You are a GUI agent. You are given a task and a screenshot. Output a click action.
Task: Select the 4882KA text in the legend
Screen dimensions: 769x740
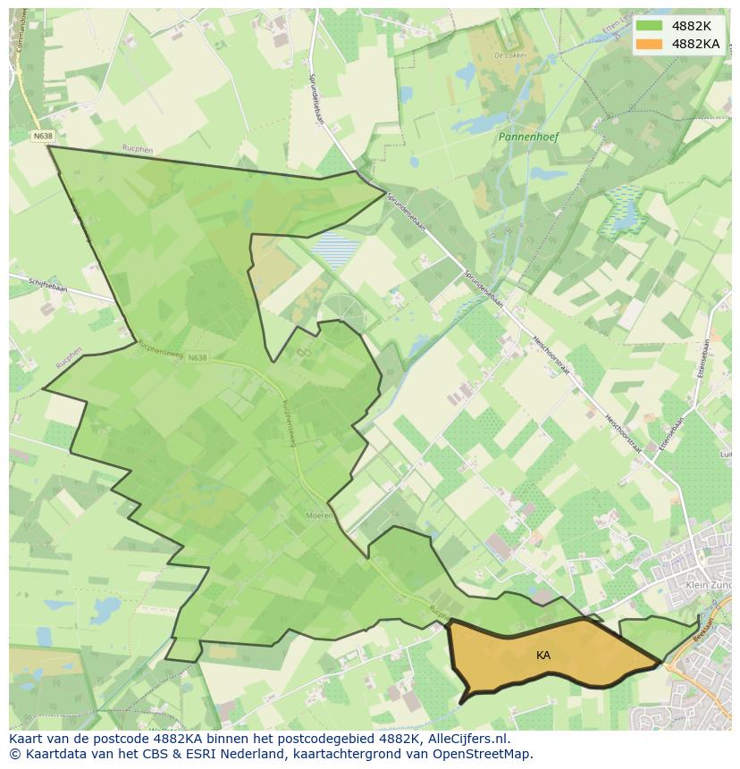[x=695, y=44]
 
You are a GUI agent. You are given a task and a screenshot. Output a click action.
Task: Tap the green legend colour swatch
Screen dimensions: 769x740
[x=650, y=26]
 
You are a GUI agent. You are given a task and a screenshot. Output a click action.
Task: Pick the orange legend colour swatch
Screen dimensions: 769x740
[x=650, y=44]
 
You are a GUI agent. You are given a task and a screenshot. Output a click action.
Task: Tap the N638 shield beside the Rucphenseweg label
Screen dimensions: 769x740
[x=198, y=357]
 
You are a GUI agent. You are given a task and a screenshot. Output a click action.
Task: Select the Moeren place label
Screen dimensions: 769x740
[x=320, y=515]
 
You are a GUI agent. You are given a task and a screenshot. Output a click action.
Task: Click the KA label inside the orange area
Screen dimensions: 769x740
[x=543, y=656]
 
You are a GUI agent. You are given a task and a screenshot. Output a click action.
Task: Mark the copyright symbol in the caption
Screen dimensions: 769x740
[x=15, y=754]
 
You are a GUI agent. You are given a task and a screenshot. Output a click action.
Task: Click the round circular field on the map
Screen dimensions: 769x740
[x=345, y=308]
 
